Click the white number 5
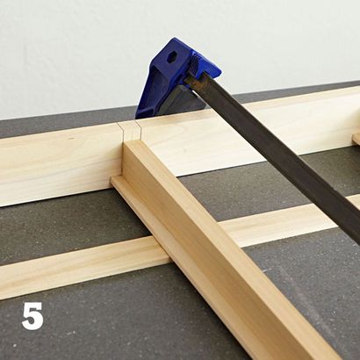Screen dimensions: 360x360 coord(32,316)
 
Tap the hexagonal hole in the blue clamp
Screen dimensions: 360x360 coord(171,57)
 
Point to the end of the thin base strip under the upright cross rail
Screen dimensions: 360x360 coord(117,182)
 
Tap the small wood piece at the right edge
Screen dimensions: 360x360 coord(356,139)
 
